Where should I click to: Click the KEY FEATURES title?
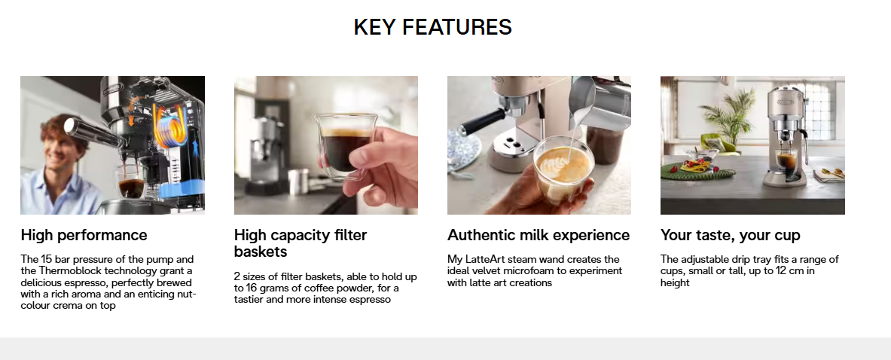[432, 27]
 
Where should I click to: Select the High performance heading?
[84, 235]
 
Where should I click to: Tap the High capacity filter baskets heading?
[301, 243]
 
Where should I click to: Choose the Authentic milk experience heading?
[538, 235]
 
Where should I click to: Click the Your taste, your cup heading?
[730, 235]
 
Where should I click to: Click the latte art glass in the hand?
[563, 168]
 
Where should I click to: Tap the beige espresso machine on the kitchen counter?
[788, 136]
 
